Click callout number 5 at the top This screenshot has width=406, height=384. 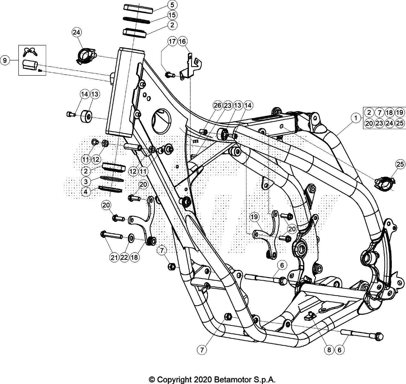(172, 5)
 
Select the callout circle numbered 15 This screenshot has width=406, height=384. (172, 15)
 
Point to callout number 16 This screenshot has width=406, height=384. (182, 41)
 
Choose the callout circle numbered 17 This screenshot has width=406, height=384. (172, 41)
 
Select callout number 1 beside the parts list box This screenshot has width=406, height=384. (356, 118)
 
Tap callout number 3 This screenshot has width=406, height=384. (86, 181)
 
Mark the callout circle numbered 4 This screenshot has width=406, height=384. (86, 191)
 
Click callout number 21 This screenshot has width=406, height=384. (114, 258)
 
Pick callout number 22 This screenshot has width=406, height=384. (124, 258)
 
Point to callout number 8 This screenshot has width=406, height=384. (329, 350)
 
